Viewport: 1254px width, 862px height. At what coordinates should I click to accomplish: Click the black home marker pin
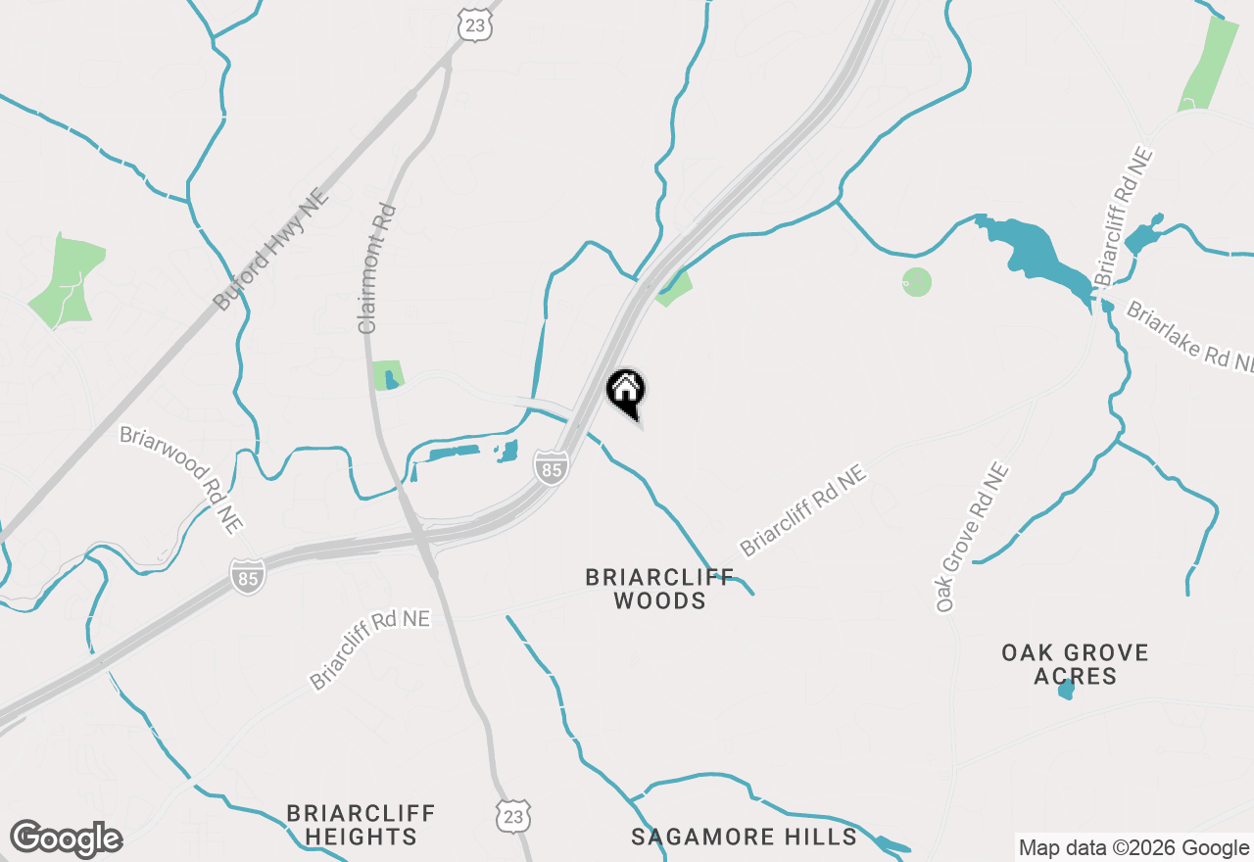(626, 392)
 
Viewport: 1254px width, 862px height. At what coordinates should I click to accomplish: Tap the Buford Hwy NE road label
(271, 251)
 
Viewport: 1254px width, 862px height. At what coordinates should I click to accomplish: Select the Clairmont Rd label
(376, 268)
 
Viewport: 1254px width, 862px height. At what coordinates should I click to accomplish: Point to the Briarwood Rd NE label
(181, 478)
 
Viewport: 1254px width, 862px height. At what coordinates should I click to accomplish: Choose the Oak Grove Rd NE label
(972, 538)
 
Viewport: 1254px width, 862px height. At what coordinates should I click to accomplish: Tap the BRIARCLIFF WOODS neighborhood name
(659, 589)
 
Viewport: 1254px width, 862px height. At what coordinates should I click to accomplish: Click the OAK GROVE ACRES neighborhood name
(1075, 664)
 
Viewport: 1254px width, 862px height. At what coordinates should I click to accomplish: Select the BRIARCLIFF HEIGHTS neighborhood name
(361, 825)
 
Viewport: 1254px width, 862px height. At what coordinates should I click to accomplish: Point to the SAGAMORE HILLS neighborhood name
(745, 837)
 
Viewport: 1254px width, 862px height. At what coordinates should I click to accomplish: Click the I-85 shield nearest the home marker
(552, 467)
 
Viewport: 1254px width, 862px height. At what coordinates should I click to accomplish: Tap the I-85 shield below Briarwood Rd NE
(247, 576)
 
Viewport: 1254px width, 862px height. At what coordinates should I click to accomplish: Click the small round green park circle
(916, 282)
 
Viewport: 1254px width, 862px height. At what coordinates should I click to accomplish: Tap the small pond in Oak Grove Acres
(1067, 689)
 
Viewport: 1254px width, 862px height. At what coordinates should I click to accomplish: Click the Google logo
(67, 839)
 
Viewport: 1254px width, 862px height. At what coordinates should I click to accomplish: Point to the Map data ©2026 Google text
(1133, 848)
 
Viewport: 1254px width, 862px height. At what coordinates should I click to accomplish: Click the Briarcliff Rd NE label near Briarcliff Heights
(369, 649)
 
